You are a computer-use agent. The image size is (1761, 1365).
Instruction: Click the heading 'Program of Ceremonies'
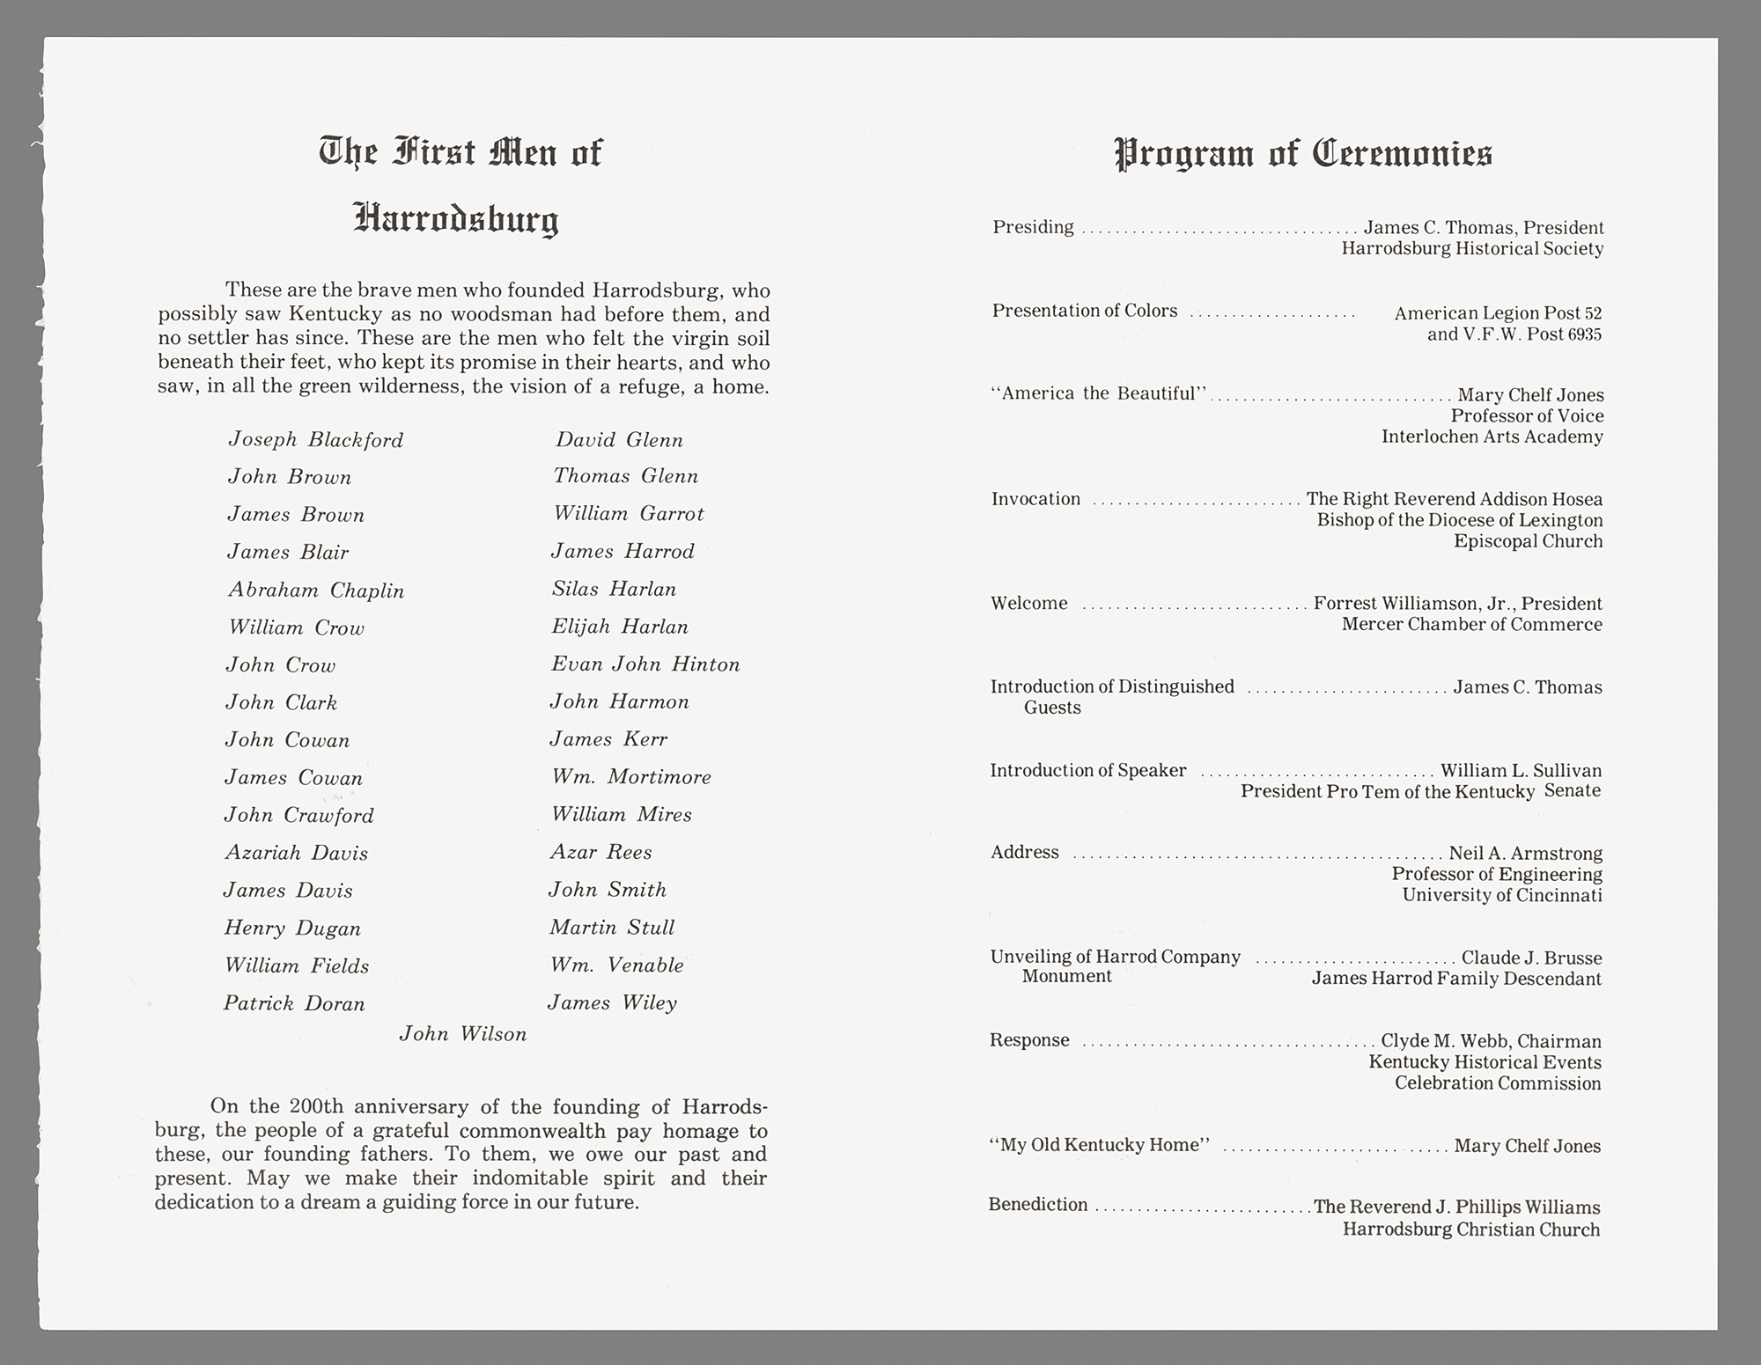click(1303, 154)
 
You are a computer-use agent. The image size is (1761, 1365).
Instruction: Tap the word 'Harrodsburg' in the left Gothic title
click(456, 219)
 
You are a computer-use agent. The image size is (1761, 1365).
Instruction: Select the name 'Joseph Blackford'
click(315, 440)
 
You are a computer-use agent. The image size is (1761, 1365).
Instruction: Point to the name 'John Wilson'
click(463, 1034)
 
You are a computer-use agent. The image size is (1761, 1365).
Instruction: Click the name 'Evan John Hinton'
click(645, 664)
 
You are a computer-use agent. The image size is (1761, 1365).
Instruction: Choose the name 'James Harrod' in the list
click(623, 552)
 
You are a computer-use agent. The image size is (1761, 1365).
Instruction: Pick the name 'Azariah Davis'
click(296, 853)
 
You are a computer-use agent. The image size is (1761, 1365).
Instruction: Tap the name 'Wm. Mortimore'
click(630, 777)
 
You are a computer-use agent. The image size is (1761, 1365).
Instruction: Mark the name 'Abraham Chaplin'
click(316, 591)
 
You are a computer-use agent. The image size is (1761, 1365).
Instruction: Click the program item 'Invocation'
click(1035, 499)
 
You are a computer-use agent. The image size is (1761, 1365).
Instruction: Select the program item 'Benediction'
click(1037, 1205)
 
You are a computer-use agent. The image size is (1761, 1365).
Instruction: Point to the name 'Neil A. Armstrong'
click(1525, 853)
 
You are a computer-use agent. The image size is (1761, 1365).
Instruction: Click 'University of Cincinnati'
click(1501, 895)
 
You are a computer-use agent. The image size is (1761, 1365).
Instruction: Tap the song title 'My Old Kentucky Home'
click(1101, 1145)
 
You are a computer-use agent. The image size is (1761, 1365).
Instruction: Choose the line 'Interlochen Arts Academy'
click(1492, 437)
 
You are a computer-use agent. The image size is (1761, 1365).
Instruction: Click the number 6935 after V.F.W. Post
click(1584, 334)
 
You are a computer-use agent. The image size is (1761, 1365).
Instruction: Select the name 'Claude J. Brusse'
click(1531, 958)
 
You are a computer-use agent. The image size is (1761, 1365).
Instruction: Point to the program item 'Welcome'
click(1028, 604)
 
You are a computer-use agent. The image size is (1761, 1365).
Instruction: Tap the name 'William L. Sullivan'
click(1521, 771)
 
